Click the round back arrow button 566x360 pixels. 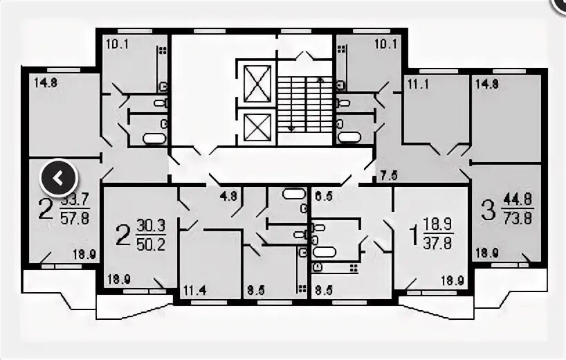coord(59,179)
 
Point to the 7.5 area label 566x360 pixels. coord(389,174)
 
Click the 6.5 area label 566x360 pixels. coord(323,196)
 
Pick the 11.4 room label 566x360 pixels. coord(194,291)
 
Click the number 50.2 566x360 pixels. coord(152,244)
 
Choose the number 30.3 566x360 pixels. coord(152,226)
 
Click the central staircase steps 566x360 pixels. coord(304,102)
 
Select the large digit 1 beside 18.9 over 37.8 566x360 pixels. coord(414,235)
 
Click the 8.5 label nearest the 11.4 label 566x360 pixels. coord(256,291)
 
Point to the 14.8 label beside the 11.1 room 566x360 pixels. coord(486,83)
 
